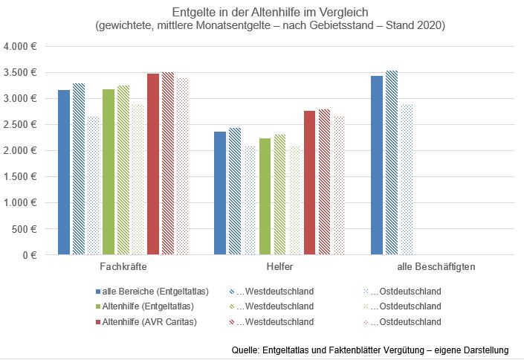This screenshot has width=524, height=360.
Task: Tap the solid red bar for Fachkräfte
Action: (153, 164)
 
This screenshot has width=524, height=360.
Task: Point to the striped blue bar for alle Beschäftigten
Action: (391, 163)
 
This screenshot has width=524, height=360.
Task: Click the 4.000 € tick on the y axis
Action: (22, 46)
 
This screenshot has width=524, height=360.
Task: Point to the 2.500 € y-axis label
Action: (22, 124)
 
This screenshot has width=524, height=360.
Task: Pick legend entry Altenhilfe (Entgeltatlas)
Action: (150, 306)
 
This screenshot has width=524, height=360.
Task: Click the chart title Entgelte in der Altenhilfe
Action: (271, 13)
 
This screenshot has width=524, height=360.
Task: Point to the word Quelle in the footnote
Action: (245, 350)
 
